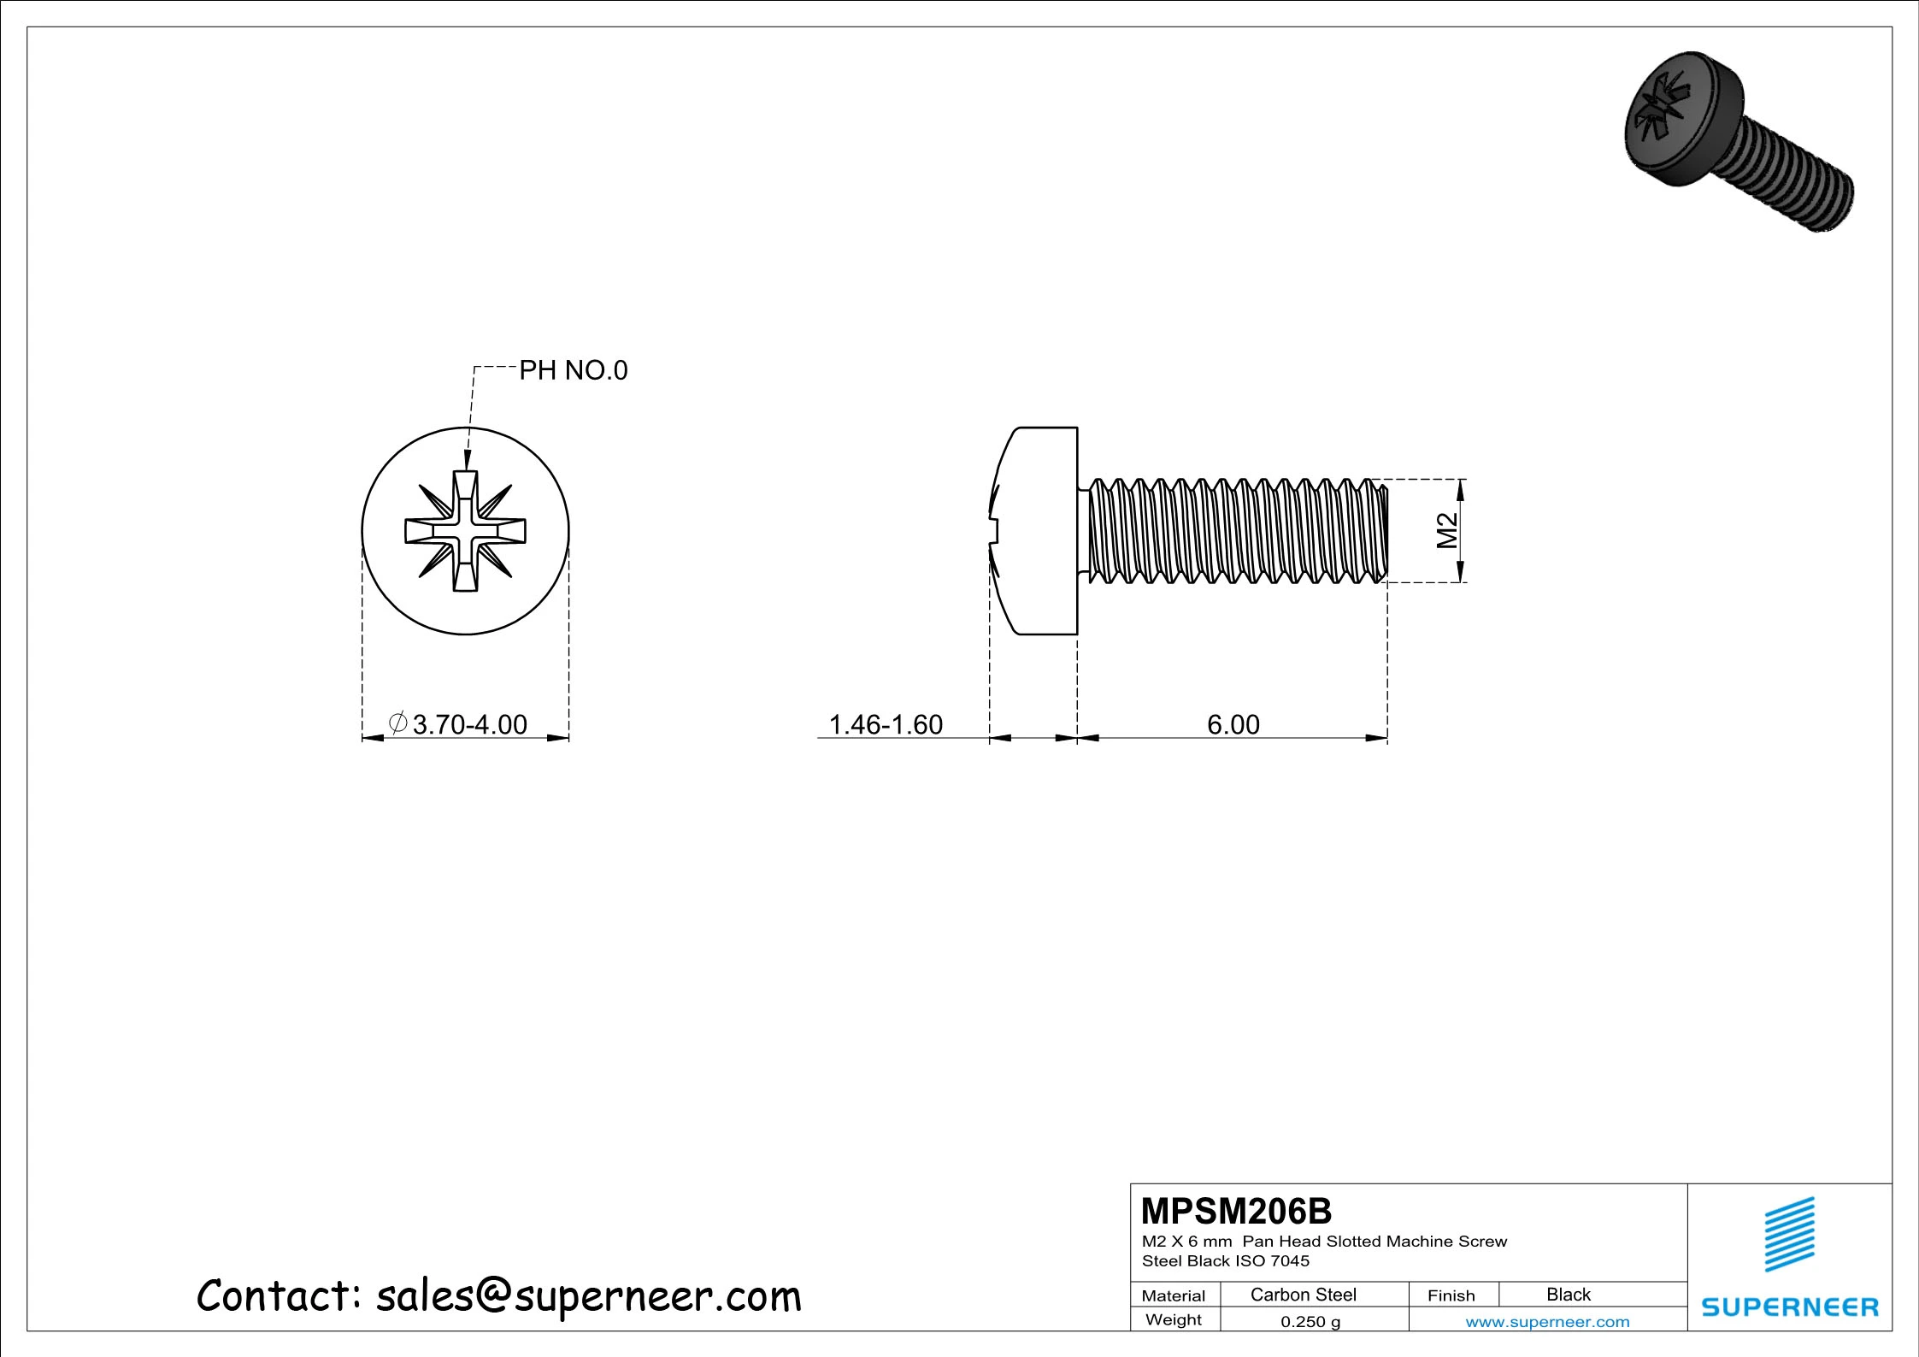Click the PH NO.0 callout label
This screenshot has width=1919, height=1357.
[574, 370]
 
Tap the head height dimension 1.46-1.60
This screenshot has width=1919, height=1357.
[886, 724]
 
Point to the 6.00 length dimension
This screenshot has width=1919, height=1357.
[1233, 724]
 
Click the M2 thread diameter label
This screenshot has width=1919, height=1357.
[1447, 530]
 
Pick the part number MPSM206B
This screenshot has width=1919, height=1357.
[1236, 1212]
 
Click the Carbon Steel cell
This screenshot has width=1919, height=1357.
[1304, 1295]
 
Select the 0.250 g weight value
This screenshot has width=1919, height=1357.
[1310, 1321]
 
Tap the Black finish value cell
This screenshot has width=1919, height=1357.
[1569, 1295]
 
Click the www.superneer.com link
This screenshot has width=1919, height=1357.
[1547, 1322]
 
